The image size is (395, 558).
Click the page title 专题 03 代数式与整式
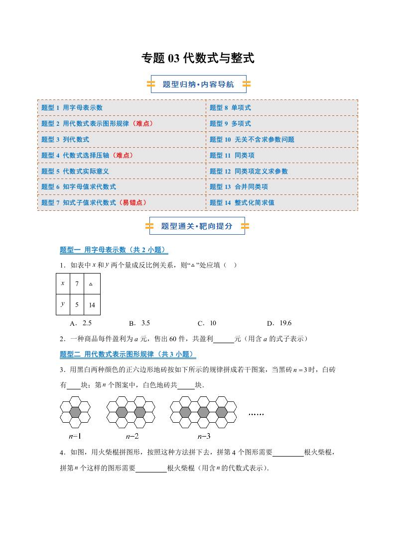[198, 58]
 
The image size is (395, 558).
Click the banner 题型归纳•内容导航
[198, 85]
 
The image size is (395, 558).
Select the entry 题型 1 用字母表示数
[72, 107]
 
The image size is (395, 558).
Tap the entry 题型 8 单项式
[230, 107]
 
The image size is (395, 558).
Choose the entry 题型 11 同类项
[232, 155]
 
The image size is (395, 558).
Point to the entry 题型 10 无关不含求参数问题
[252, 139]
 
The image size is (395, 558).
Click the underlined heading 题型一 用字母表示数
[114, 250]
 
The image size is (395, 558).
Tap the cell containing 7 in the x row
[77, 284]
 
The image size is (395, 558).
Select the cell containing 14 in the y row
[92, 305]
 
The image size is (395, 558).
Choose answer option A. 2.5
[81, 323]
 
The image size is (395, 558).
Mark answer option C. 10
[208, 323]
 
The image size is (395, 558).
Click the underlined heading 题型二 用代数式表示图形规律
[128, 354]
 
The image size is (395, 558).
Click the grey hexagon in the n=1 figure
[75, 412]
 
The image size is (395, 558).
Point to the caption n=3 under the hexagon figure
[204, 436]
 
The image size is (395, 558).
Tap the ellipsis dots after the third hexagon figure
[256, 414]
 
